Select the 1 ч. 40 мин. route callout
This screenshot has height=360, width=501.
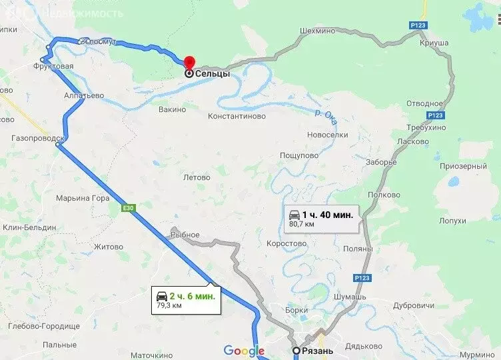point(323,217)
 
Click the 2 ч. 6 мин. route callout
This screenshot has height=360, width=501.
point(185,299)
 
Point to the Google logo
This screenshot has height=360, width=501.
point(244,351)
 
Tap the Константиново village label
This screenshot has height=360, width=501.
point(237,116)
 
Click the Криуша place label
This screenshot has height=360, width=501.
point(434,43)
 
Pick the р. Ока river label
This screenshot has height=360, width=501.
point(327,113)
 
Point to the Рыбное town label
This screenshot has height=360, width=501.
point(185,235)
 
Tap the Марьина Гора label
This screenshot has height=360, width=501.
point(83,198)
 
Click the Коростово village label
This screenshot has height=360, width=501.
point(286,244)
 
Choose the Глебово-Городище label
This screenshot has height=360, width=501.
point(44,326)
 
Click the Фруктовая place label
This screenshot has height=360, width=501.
point(53,67)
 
